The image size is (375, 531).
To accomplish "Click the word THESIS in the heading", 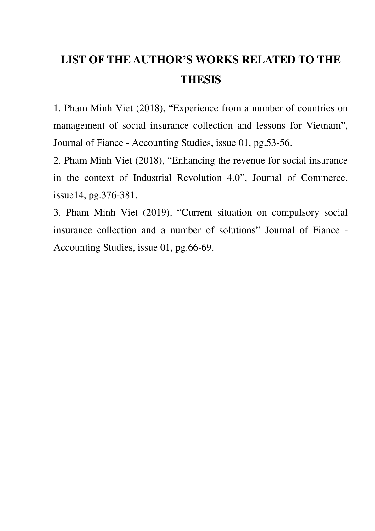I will point(200,80).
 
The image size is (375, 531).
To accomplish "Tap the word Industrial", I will point(152,178).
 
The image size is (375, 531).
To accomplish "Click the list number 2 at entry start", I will point(57,161).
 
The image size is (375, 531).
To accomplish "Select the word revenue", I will point(249,161).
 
